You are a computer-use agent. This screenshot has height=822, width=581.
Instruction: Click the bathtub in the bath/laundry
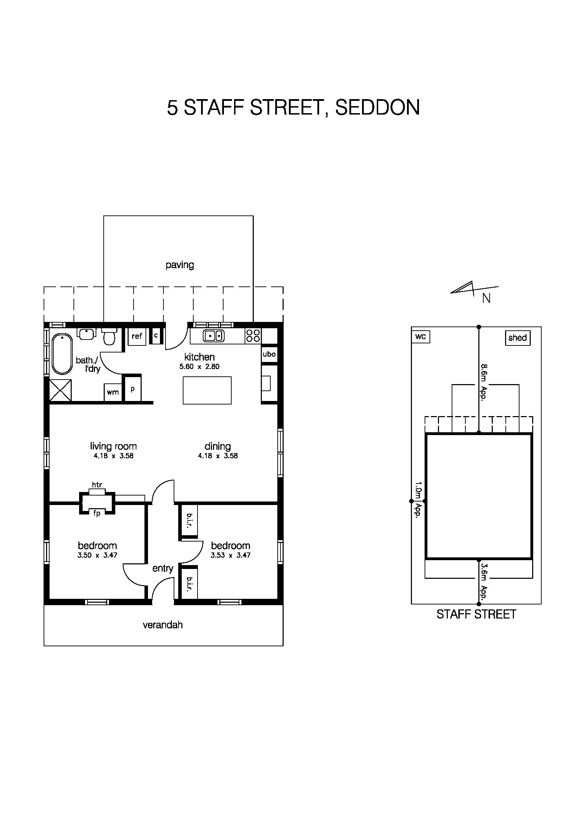pyautogui.click(x=62, y=354)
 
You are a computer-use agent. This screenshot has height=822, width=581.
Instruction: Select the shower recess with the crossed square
pyautogui.click(x=60, y=390)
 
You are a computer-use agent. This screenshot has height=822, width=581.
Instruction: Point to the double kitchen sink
pyautogui.click(x=214, y=336)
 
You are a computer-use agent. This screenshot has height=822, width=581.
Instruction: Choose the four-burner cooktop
pyautogui.click(x=253, y=336)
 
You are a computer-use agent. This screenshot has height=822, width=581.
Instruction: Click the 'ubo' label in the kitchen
pyautogui.click(x=269, y=354)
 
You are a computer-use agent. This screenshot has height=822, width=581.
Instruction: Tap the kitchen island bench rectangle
pyautogui.click(x=207, y=390)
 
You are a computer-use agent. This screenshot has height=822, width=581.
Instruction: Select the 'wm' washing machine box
pyautogui.click(x=113, y=392)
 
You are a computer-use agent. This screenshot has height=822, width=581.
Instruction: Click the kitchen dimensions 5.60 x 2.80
pyautogui.click(x=199, y=367)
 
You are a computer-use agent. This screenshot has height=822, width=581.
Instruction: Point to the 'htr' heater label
pyautogui.click(x=97, y=485)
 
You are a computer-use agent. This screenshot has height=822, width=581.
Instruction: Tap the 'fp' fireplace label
pyautogui.click(x=97, y=513)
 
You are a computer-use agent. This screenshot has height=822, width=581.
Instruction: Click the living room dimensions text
pyautogui.click(x=114, y=456)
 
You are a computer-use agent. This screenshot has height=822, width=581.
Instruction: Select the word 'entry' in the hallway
pyautogui.click(x=163, y=568)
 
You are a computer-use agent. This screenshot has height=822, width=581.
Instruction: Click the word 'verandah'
pyautogui.click(x=163, y=625)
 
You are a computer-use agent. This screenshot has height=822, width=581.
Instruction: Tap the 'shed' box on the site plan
pyautogui.click(x=518, y=338)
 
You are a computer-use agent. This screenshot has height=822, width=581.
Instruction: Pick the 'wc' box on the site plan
pyautogui.click(x=421, y=337)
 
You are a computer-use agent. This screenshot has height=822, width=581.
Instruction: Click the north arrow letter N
pyautogui.click(x=486, y=298)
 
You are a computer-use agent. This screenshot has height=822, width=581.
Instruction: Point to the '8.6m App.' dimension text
pyautogui.click(x=484, y=382)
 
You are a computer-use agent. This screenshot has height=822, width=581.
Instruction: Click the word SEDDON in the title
pyautogui.click(x=378, y=107)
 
